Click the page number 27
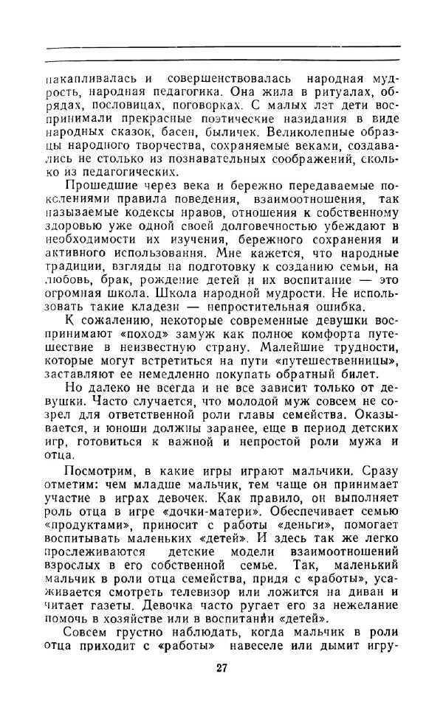pos(221,669)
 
